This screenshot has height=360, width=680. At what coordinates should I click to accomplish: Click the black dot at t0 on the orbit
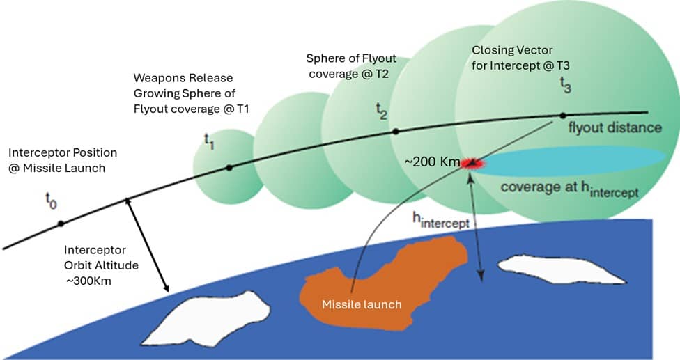[x=61, y=223]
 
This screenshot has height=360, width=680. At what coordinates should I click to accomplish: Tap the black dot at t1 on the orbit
[x=229, y=167]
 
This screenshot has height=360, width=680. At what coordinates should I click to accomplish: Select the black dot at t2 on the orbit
[x=395, y=131]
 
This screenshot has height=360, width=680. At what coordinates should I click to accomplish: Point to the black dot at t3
[x=563, y=115]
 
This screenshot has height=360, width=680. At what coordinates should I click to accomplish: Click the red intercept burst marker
[x=473, y=164]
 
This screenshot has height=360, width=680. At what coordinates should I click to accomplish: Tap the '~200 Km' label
[x=432, y=162]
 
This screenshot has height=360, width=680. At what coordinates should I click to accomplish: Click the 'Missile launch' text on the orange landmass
[x=361, y=304]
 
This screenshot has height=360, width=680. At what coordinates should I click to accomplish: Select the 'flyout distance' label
[x=615, y=128]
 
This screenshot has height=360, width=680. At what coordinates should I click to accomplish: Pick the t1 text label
[x=209, y=140]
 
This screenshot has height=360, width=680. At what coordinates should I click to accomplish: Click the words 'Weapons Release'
[x=183, y=77]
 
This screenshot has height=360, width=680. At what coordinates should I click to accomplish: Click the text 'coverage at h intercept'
[x=569, y=189]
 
